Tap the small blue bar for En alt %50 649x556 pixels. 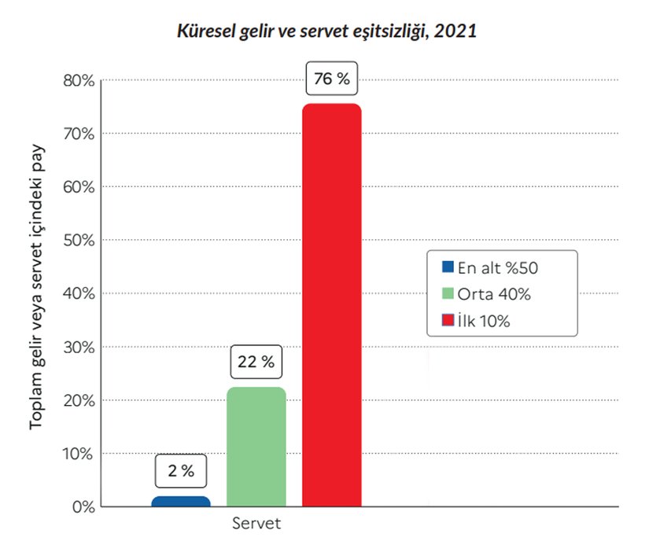pyautogui.click(x=181, y=501)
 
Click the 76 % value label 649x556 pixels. pyautogui.click(x=331, y=79)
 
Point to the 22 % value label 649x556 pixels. pyautogui.click(x=256, y=363)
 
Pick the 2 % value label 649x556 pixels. pyautogui.click(x=181, y=471)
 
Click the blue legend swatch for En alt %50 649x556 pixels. pyautogui.click(x=448, y=267)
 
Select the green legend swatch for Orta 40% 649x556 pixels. pyautogui.click(x=448, y=294)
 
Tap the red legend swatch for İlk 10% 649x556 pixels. pyautogui.click(x=448, y=321)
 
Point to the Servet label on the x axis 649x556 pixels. pyautogui.click(x=256, y=524)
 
